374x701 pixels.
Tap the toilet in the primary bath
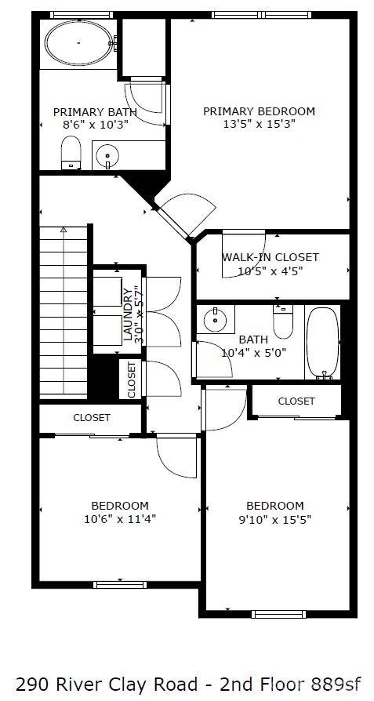[71, 151]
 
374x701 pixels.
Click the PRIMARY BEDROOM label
[259, 111]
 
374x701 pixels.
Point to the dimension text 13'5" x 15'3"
[259, 124]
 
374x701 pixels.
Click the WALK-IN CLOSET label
[271, 257]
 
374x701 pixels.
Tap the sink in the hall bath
[212, 320]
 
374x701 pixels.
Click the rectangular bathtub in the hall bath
[323, 343]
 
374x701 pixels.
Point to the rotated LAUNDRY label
[129, 314]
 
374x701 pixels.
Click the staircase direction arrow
[64, 235]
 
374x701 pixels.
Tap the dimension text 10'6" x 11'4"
[120, 518]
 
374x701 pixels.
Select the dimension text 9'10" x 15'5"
[274, 518]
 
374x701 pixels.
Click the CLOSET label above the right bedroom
[296, 401]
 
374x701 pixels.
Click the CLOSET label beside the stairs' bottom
[92, 418]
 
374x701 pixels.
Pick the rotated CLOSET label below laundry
[132, 380]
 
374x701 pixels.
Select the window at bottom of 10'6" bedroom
[120, 584]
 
